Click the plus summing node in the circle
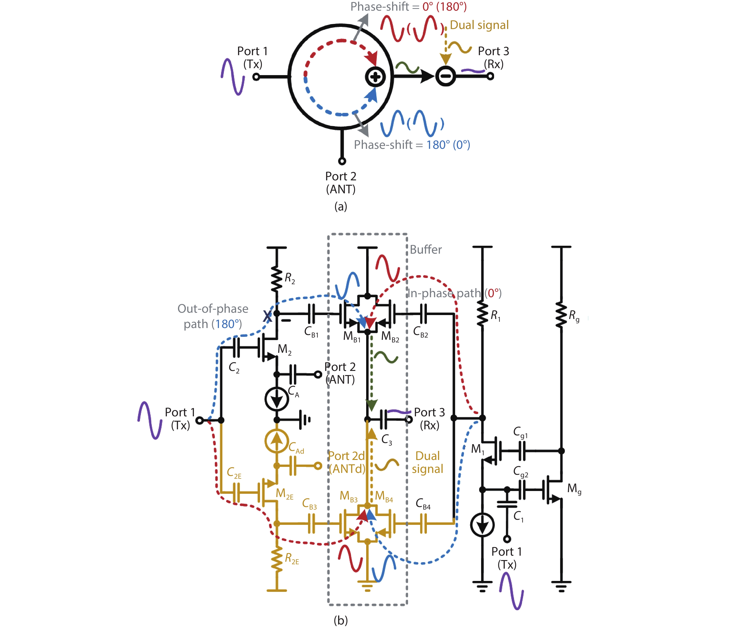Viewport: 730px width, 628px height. (x=375, y=77)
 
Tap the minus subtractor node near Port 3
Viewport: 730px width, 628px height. (x=446, y=76)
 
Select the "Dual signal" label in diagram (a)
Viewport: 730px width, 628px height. (x=479, y=25)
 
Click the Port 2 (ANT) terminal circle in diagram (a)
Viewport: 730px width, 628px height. (x=342, y=161)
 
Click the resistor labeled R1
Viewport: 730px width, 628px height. (x=482, y=314)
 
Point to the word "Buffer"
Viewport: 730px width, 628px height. (x=425, y=249)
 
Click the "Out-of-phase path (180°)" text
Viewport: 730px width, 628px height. (x=213, y=316)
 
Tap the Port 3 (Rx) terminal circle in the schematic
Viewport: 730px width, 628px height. (x=409, y=419)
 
